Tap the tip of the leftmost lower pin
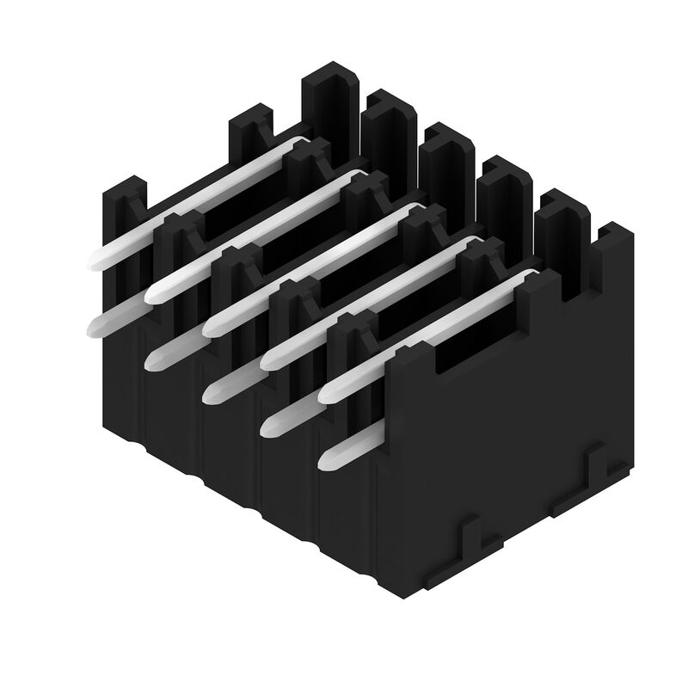pos(96,324)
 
